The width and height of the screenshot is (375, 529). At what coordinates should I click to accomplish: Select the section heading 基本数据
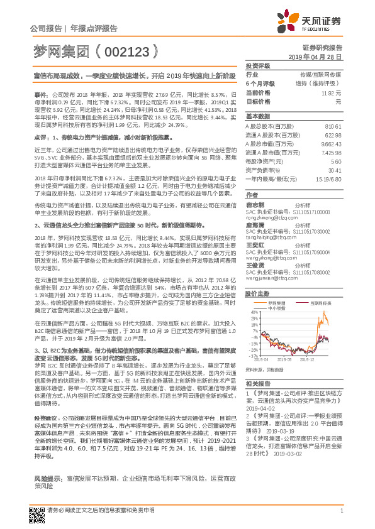click(x=257, y=117)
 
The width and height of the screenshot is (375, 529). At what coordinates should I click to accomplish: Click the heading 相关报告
click(x=257, y=383)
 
